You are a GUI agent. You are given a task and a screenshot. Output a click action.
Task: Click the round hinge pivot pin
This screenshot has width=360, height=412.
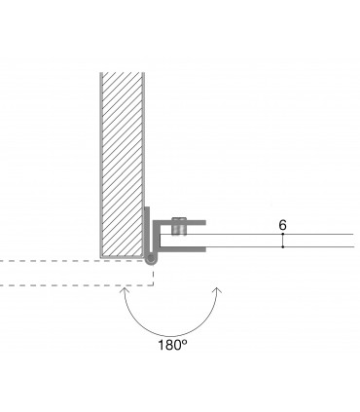point(150,259)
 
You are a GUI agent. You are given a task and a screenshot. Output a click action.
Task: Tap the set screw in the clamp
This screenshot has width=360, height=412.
point(179,226)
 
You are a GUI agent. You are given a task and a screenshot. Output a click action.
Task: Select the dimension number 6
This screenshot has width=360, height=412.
point(283,225)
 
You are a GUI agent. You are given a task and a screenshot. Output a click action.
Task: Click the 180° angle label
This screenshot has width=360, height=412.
point(172,345)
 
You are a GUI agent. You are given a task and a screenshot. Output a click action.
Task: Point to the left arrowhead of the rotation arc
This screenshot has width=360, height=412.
point(124,290)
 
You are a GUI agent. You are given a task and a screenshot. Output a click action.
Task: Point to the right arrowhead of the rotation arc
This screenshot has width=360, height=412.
point(218,290)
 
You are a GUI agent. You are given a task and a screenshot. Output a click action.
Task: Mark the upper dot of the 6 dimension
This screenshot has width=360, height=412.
point(283,234)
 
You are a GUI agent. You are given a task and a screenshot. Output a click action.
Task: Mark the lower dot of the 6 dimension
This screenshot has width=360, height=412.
point(283,247)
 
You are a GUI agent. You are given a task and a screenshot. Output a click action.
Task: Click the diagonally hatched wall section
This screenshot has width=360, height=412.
point(122,165)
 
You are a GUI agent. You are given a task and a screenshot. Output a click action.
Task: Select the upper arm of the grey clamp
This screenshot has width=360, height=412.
point(179,223)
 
